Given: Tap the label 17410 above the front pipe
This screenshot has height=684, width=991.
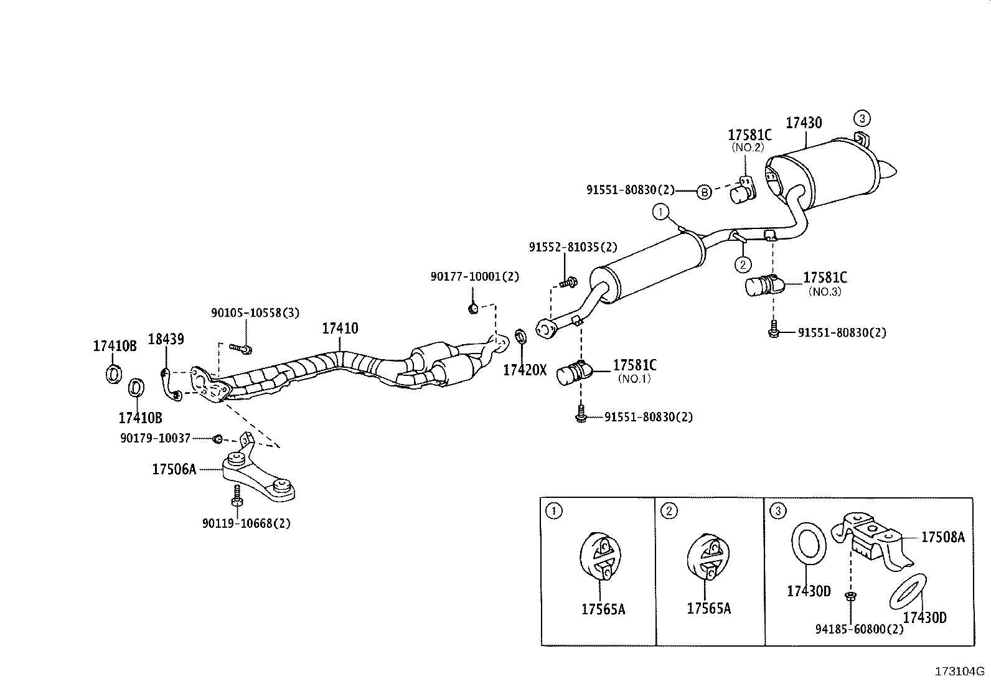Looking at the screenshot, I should (x=340, y=328).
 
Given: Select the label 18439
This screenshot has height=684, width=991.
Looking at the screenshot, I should (x=166, y=339).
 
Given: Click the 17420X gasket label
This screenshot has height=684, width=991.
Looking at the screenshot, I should (x=524, y=370).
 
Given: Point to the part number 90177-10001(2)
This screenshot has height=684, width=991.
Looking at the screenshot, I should (x=474, y=276).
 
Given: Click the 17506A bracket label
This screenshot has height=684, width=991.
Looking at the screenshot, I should (x=174, y=469).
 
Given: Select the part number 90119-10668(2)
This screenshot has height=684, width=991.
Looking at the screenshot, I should (x=246, y=523).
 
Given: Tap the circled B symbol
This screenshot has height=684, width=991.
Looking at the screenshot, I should (x=702, y=192).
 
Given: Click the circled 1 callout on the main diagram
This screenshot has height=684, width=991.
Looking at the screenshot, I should (x=660, y=213).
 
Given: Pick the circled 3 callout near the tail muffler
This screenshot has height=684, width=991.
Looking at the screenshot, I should (x=862, y=118).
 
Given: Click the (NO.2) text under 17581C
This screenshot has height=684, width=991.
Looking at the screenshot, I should (x=748, y=148).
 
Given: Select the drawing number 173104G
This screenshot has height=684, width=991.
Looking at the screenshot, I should (x=959, y=672).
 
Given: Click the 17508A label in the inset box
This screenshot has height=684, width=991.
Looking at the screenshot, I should (x=942, y=537).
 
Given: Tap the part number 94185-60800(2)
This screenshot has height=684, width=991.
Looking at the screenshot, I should (x=859, y=629).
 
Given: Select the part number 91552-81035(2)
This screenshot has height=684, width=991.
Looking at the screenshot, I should (x=573, y=247).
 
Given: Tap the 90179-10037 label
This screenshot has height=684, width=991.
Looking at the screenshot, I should (x=155, y=439).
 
